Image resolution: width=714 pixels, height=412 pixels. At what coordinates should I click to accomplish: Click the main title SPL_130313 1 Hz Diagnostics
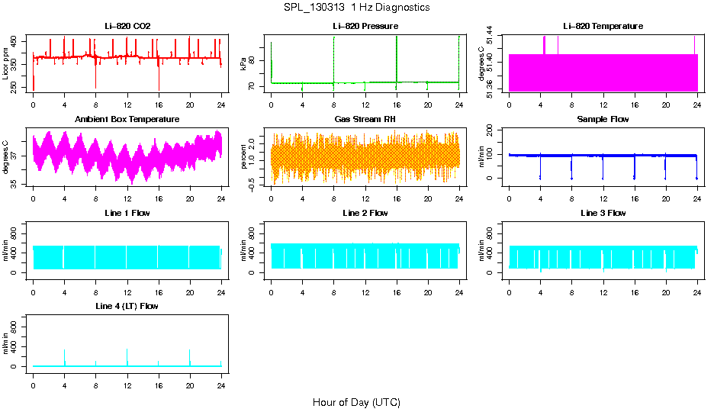click(356, 8)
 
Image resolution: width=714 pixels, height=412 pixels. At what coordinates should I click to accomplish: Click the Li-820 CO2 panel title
click(127, 27)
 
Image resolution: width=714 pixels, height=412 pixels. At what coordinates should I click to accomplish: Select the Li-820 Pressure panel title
click(365, 27)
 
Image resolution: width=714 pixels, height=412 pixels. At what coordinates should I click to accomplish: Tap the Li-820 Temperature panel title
click(603, 27)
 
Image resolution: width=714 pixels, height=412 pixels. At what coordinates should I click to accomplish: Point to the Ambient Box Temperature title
click(127, 120)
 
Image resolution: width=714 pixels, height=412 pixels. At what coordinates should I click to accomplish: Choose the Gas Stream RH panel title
click(365, 120)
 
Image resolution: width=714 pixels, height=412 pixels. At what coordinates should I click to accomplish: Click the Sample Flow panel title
click(603, 120)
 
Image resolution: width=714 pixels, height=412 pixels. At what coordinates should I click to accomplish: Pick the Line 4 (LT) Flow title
click(127, 306)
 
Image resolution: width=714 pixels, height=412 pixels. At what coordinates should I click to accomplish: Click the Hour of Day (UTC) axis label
click(356, 402)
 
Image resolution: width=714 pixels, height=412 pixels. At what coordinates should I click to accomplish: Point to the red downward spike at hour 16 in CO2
click(159, 82)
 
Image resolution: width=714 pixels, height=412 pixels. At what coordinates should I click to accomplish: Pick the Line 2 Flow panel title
click(365, 213)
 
